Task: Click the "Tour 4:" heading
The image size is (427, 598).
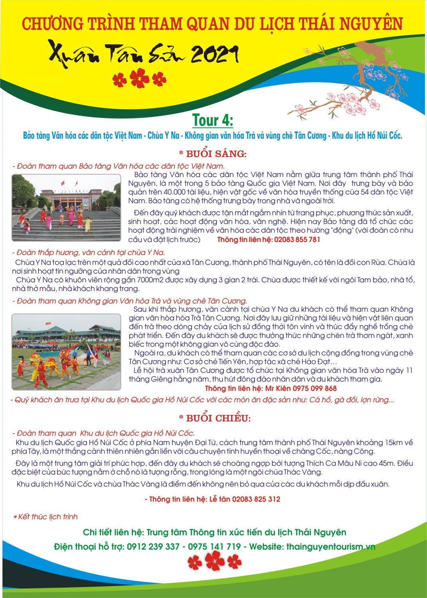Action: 213,120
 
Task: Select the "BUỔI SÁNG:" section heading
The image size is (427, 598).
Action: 213,154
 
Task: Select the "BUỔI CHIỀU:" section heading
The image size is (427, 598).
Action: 215,418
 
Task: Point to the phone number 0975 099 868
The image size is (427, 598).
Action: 314,388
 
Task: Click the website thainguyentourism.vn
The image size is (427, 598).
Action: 331,547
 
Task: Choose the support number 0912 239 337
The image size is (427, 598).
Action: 153,547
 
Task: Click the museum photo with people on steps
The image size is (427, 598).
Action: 66,208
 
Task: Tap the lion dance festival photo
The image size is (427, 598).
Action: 66,352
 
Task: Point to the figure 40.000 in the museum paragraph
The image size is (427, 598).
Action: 164,192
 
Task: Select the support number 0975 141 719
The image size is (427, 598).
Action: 214,547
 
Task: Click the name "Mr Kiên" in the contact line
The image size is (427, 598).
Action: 278,388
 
